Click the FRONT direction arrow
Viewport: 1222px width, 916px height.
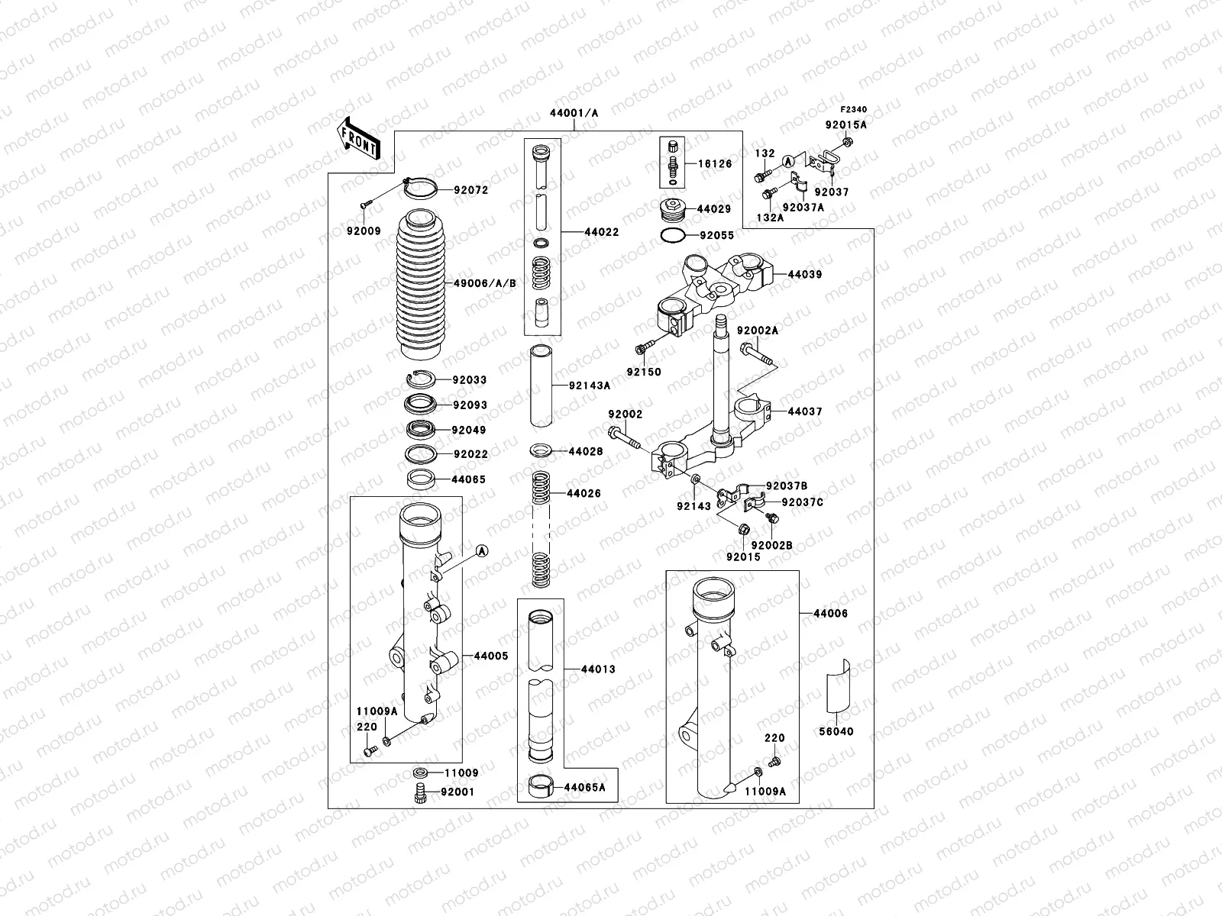[359, 138]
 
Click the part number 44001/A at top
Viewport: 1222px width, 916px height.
[574, 113]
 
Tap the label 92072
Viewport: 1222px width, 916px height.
[470, 190]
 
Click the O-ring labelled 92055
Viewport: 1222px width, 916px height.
[671, 236]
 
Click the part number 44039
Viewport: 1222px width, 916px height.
[804, 274]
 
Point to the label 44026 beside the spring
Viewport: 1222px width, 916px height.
[584, 494]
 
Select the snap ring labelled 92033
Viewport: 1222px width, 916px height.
[420, 379]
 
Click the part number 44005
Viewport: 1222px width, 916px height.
[490, 656]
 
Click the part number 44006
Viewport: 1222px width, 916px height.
[830, 613]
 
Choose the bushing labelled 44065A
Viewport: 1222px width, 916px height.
[542, 786]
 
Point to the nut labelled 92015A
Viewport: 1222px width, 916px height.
[848, 141]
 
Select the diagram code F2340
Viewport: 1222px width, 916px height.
[854, 110]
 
